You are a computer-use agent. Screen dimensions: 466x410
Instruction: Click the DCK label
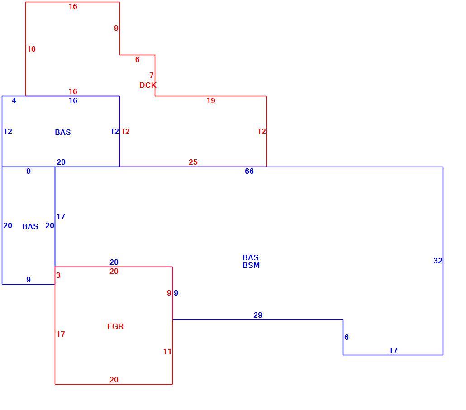point(147,86)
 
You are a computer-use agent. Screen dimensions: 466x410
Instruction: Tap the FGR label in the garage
point(115,326)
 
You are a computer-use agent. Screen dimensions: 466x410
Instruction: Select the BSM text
point(251,265)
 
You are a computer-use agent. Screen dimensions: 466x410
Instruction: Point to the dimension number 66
point(249,171)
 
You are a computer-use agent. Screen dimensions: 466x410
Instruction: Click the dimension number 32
point(438,261)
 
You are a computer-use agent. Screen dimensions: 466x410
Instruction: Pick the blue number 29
point(258,315)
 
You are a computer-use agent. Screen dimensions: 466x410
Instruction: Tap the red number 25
point(193,162)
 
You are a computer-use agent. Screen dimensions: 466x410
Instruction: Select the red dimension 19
point(211,101)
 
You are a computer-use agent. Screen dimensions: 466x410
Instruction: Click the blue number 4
point(14,101)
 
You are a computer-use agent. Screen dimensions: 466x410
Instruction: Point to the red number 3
point(58,275)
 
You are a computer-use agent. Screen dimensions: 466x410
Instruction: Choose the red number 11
point(167,352)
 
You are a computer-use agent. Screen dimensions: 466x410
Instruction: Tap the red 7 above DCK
point(152,75)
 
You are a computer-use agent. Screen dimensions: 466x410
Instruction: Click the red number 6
point(137,59)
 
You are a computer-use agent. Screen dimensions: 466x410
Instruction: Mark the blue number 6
point(347,337)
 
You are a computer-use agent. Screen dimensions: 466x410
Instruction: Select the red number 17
point(61,334)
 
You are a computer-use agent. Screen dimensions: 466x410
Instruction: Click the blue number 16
point(73,101)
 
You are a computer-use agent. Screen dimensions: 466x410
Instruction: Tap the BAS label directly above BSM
point(251,257)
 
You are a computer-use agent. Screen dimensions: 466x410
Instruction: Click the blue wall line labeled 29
point(258,320)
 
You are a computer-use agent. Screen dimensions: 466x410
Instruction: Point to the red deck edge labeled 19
point(211,96)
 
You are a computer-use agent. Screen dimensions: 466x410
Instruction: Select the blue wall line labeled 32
point(443,261)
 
